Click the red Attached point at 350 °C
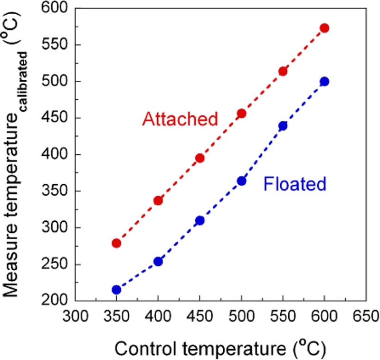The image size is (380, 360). click(x=116, y=243)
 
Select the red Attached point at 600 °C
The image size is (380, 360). click(x=324, y=28)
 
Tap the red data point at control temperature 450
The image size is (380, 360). click(x=199, y=158)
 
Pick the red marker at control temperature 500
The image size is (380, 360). click(x=241, y=114)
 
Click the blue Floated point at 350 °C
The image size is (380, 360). click(x=116, y=290)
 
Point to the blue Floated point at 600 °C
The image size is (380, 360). click(x=324, y=81)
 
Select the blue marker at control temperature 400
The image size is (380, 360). click(x=158, y=261)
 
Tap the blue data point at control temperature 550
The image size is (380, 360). click(x=283, y=126)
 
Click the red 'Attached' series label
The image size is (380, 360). click(x=180, y=119)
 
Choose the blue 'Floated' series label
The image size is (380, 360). click(x=295, y=184)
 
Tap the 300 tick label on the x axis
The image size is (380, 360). click(x=75, y=316)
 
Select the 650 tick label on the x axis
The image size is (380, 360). click(x=365, y=316)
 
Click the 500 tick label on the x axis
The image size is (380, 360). click(x=241, y=316)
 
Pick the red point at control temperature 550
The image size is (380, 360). click(x=283, y=71)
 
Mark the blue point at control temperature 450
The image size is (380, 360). click(x=199, y=220)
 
